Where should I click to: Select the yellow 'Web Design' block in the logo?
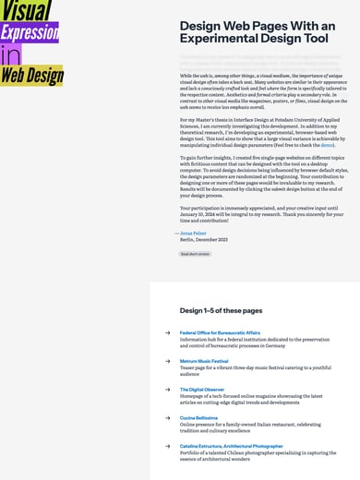point(31,75)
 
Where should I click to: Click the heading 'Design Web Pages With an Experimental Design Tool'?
point(253,33)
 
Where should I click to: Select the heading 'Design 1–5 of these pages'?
point(221,311)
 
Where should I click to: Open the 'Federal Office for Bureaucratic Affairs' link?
point(220,332)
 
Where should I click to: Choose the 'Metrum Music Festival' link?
point(204,361)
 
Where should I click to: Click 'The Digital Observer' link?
point(201,390)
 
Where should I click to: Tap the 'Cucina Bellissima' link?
point(198,417)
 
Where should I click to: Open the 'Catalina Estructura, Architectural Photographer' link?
point(231,446)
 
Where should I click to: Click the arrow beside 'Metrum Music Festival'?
point(168,361)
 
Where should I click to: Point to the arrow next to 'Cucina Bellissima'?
point(168,417)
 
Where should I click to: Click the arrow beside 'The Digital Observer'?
point(168,390)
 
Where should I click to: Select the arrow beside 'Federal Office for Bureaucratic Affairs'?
point(168,332)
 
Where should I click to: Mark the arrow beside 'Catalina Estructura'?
point(168,446)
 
